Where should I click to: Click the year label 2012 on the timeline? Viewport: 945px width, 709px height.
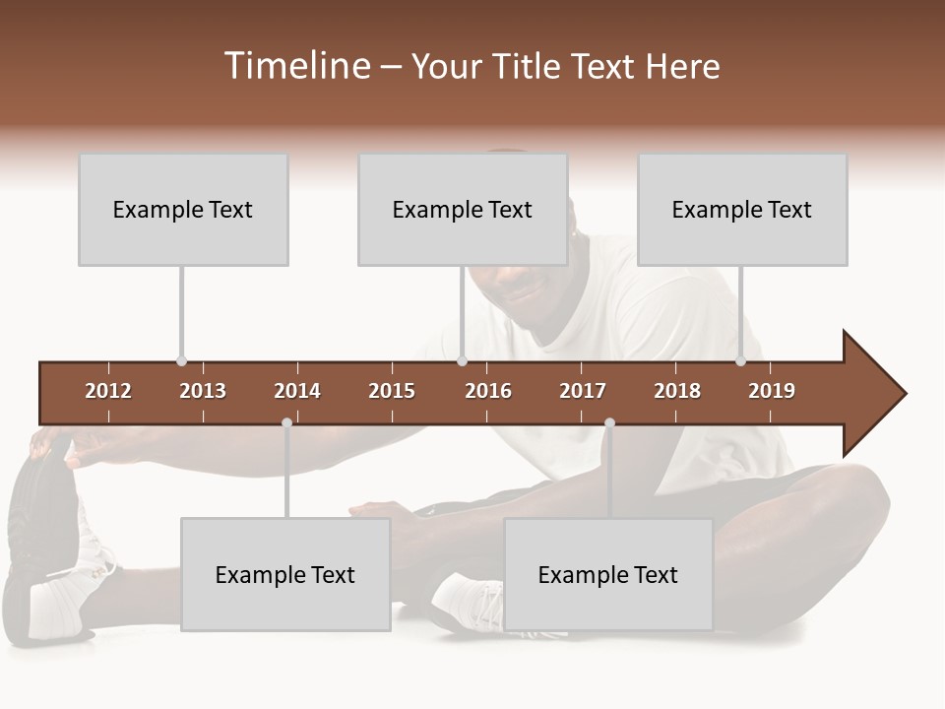pos(108,391)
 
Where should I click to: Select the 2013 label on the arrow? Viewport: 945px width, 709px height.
pos(203,391)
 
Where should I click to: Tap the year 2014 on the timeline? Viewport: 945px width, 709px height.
pos(297,391)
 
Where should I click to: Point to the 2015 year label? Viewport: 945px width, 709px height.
pos(392,391)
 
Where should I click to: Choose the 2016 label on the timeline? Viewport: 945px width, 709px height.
pos(488,391)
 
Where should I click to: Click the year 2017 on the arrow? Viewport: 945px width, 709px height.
pos(583,391)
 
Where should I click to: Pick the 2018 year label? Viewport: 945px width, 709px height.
pos(677,391)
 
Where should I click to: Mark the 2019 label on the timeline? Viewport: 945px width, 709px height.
pos(772,391)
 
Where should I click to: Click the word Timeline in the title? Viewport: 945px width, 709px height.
pos(295,66)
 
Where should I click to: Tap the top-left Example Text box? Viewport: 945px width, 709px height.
pos(183,209)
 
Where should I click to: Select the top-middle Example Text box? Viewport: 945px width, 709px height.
pos(463,209)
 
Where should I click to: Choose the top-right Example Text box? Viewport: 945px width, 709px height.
pos(742,209)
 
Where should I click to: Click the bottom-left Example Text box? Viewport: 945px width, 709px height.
pos(285,574)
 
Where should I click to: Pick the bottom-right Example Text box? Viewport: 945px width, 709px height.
pos(608,574)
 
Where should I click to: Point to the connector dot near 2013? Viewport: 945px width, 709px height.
pos(181,361)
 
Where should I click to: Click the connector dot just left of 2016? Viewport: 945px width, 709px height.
pos(462,361)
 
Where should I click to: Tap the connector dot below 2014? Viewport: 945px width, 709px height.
pos(286,423)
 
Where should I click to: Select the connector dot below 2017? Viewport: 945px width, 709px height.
pos(609,423)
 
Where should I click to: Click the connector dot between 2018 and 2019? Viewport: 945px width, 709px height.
pos(740,361)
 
